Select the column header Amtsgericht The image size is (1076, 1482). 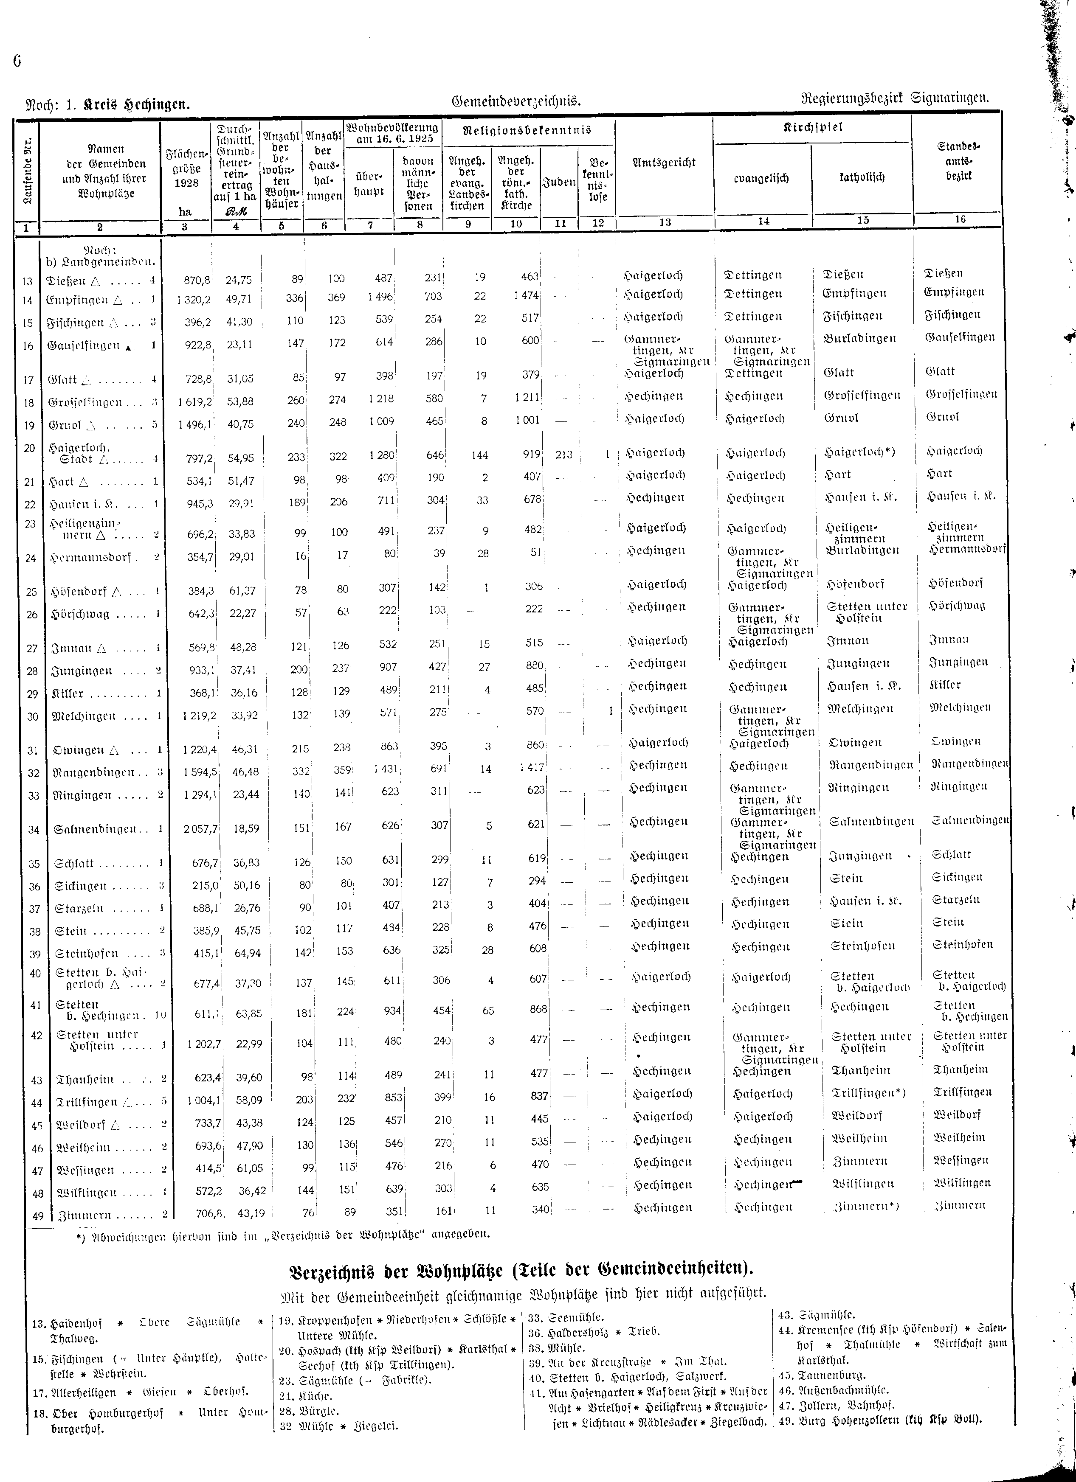coord(664,163)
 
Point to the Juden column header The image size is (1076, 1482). coord(560,183)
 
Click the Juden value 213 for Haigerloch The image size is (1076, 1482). coord(563,454)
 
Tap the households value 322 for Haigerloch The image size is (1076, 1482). coord(337,455)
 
